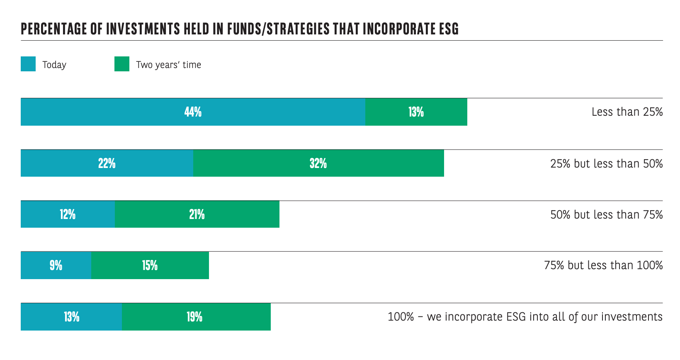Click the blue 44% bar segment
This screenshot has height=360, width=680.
[193, 112]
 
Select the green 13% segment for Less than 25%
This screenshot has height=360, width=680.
[416, 112]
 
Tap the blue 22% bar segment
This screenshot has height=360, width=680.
[107, 163]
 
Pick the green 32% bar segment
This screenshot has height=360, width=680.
[318, 163]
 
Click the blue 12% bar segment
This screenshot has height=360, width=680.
[68, 214]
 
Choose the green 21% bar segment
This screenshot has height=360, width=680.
[197, 214]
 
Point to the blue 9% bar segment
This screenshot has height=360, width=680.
[56, 265]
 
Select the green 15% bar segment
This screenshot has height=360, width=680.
[150, 265]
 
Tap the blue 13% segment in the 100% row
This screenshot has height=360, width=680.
[71, 317]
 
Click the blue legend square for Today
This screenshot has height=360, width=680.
[28, 64]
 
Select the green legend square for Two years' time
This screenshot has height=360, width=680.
[122, 64]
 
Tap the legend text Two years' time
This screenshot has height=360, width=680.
[168, 65]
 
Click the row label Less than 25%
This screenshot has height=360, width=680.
[627, 112]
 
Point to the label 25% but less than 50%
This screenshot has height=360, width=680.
[606, 163]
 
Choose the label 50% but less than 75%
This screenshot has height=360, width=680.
[606, 214]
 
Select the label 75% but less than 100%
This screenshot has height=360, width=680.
[603, 265]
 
